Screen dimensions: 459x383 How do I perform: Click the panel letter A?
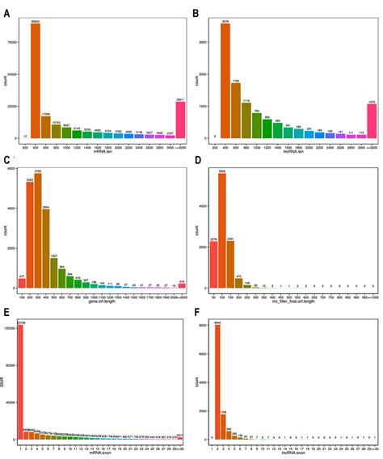point(7,15)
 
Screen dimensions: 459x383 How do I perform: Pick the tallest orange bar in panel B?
point(225,81)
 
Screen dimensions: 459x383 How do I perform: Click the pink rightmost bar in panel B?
point(371,110)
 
